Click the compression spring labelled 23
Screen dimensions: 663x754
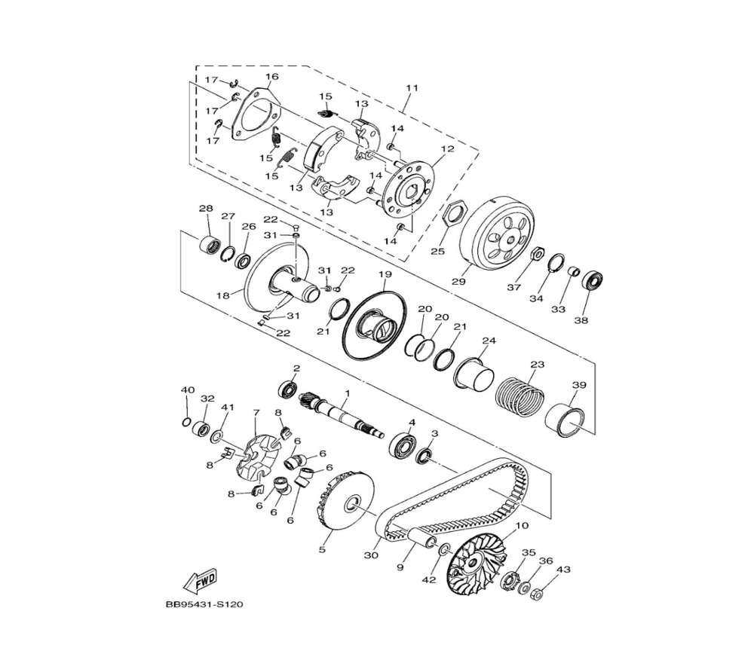point(519,396)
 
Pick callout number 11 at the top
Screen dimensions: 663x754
point(411,88)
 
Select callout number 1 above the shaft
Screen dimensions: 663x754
point(348,393)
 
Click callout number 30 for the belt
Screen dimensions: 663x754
point(371,555)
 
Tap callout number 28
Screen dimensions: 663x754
point(205,208)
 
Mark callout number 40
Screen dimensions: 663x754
point(187,390)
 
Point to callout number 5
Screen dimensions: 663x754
point(322,549)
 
